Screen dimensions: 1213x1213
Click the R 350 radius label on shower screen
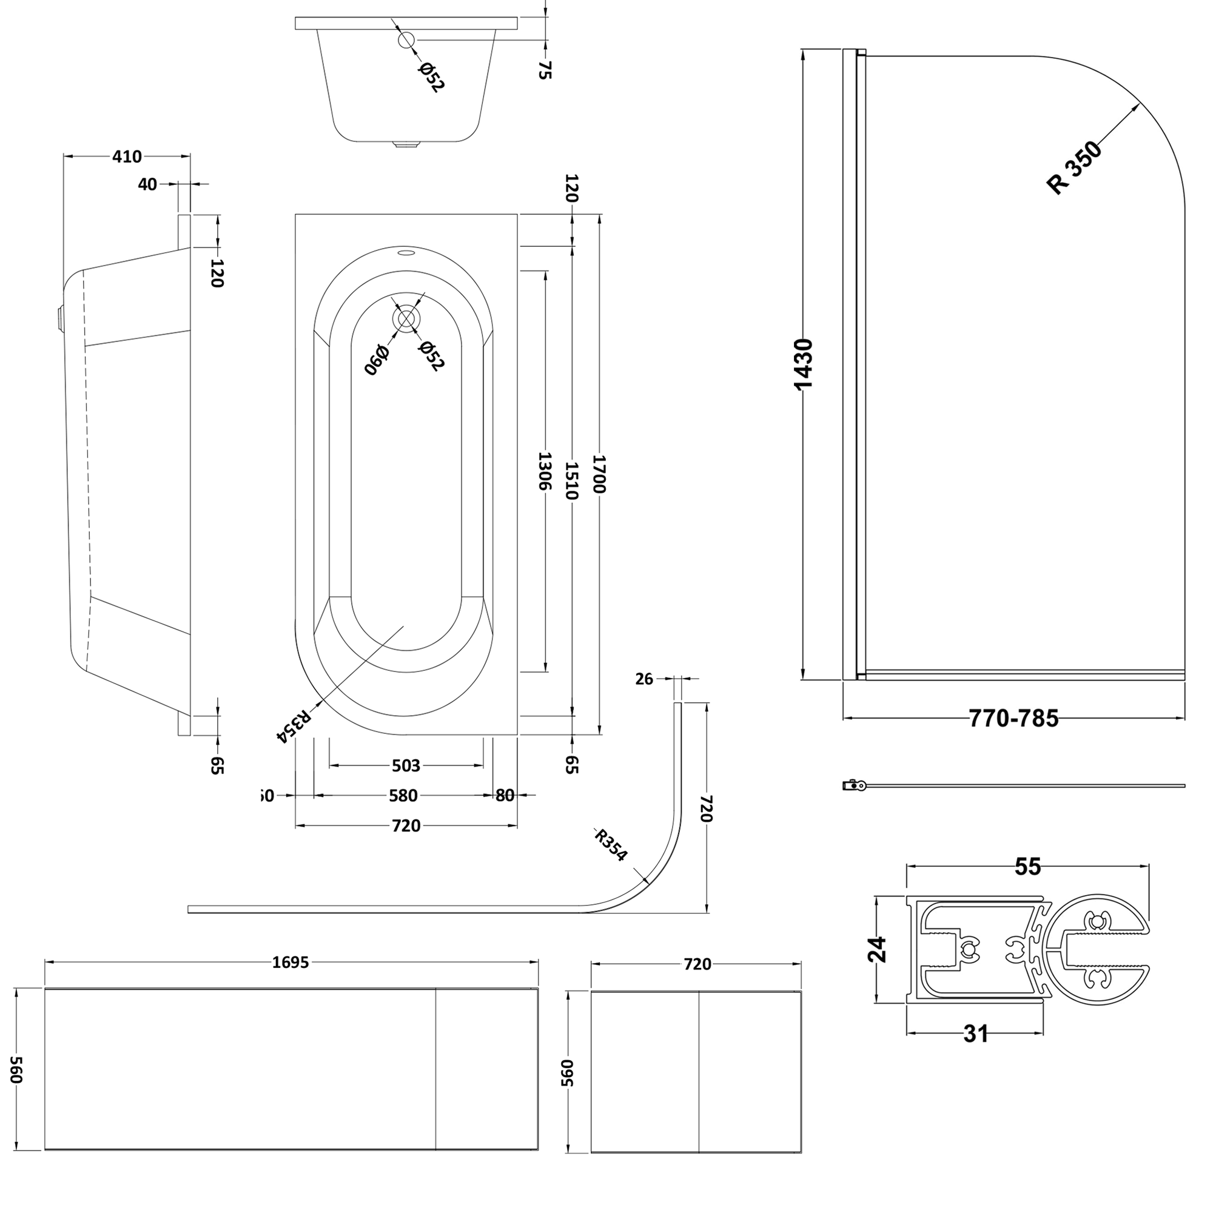1074,167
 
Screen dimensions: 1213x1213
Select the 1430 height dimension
804,364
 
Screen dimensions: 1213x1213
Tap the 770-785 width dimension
1013,718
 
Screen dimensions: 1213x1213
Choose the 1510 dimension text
571,480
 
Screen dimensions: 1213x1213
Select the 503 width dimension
406,765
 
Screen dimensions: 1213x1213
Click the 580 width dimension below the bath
403,796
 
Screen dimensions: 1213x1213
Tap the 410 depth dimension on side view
127,156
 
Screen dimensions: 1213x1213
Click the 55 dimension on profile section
1028,867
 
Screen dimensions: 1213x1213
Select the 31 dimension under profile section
975,1033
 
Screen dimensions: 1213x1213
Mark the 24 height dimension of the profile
877,949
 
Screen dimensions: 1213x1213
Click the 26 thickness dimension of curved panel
644,679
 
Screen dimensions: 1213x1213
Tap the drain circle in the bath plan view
406,318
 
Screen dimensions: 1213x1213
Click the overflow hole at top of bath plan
406,254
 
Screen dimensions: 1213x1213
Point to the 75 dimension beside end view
545,69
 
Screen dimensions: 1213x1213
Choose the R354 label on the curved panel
610,845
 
